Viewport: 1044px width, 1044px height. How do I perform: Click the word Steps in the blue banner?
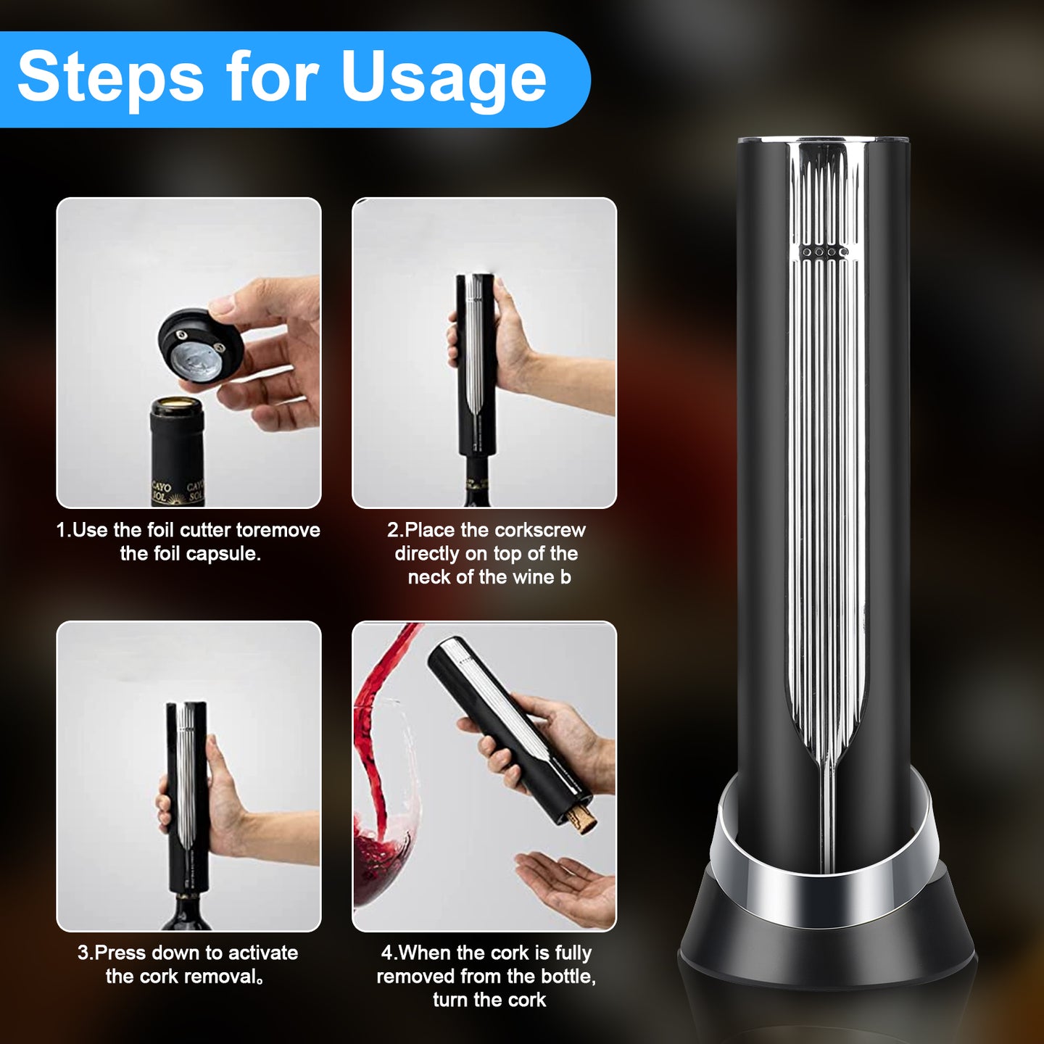click(110, 78)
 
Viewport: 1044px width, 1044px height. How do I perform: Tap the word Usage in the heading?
click(443, 78)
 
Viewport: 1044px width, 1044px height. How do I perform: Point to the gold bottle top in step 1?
click(177, 404)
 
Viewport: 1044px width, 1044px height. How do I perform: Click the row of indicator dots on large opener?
click(823, 252)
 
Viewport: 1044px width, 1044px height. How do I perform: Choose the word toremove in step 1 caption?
click(278, 531)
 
